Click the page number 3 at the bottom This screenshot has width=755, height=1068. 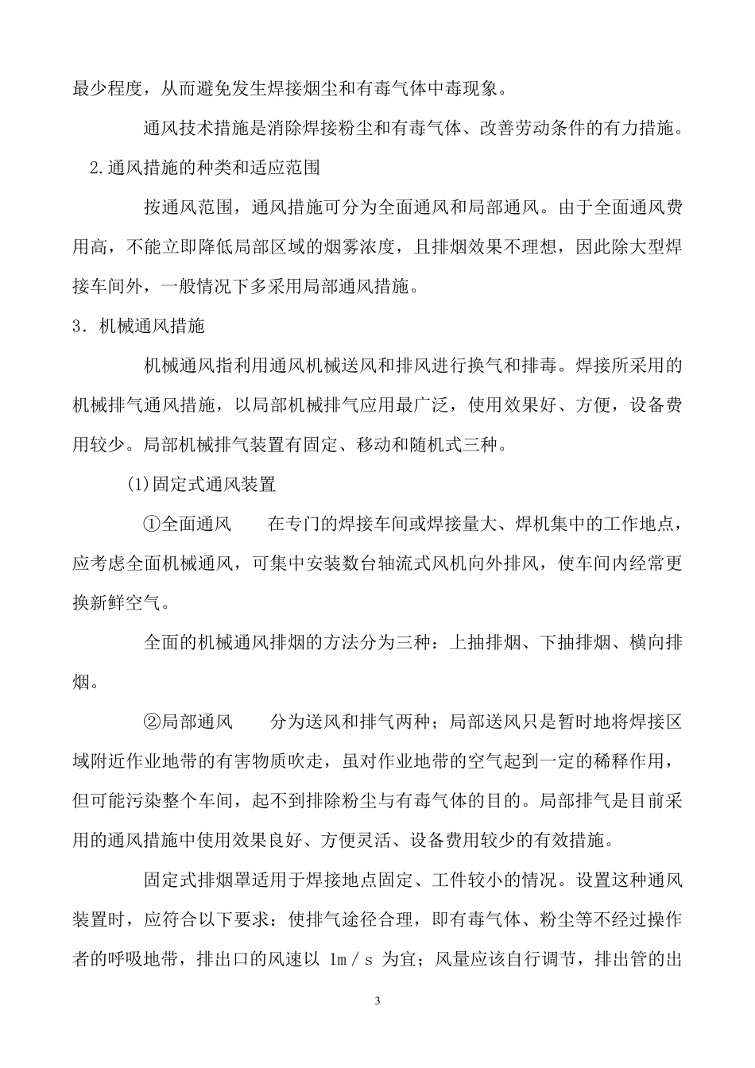[377, 999]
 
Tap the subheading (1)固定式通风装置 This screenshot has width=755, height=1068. [201, 483]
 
